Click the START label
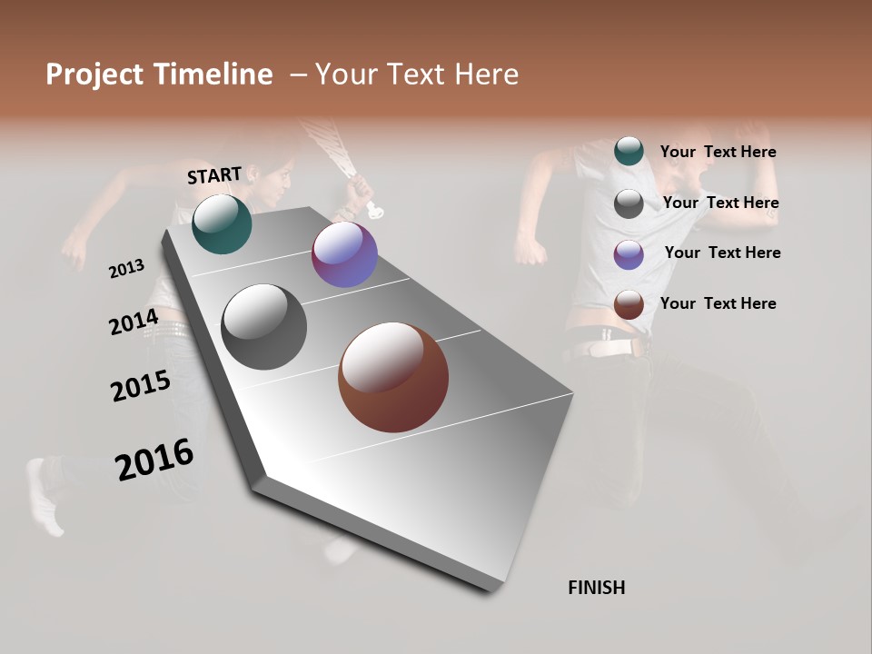coord(214,175)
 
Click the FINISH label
coord(596,588)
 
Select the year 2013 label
coord(126,269)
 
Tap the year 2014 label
coord(134,322)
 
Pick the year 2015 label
coord(141,386)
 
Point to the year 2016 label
coord(154,460)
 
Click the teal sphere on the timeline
coord(223,224)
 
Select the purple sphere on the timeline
coord(344,254)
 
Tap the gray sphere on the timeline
coord(264,327)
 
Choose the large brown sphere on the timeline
coord(393,377)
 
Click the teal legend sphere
coord(629,151)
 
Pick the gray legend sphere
coord(629,203)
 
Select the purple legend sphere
coord(629,254)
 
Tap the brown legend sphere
coord(629,305)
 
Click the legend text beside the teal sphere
coord(718,153)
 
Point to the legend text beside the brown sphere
coord(718,303)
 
